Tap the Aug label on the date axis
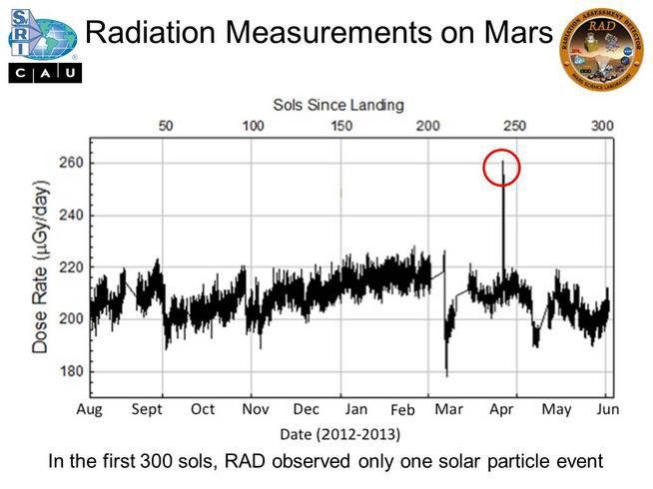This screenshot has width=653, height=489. tap(90, 409)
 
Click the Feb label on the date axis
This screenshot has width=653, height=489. tap(401, 410)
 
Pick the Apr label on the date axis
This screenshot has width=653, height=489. tap(502, 409)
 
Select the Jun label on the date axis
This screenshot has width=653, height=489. tap(607, 409)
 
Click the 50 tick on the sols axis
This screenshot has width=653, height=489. tap(166, 126)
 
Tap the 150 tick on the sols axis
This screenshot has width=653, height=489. tap(341, 126)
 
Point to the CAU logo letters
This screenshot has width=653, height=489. tap(44, 74)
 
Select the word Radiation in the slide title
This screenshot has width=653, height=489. tap(150, 33)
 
